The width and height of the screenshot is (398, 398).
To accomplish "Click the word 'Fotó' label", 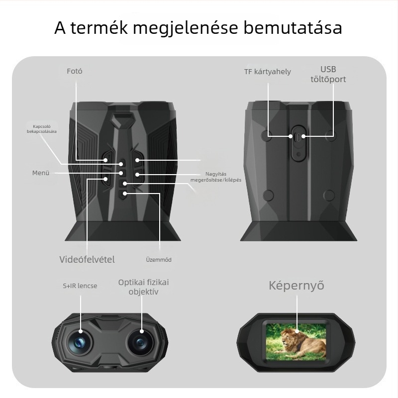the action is (74, 71).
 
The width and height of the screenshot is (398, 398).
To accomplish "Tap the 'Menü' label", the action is (41, 173).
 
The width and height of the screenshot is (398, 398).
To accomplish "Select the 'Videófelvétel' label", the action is (87, 259).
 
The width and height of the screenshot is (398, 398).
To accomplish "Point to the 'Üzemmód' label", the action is (159, 260).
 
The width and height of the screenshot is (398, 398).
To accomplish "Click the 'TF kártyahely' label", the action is (268, 72).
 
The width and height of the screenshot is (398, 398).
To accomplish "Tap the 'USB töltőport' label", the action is (328, 74).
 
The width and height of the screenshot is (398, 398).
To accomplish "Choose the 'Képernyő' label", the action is (297, 286).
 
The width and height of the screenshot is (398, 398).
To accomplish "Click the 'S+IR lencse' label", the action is (80, 286).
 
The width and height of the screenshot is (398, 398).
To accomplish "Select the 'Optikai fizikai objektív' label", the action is (143, 287).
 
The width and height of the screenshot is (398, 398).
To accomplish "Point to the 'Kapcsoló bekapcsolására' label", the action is (42, 129).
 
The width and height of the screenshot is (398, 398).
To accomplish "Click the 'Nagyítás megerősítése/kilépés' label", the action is (216, 177).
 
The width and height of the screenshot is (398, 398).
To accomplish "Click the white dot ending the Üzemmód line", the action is (125, 194).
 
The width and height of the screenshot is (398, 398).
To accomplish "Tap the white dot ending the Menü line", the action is (121, 173).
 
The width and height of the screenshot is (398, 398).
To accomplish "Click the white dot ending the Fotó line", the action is (105, 160).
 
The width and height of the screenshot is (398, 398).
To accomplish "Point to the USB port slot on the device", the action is (298, 137).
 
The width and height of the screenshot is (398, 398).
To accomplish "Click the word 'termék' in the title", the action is (99, 28).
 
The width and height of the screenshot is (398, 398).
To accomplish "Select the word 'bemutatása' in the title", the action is (293, 27).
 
